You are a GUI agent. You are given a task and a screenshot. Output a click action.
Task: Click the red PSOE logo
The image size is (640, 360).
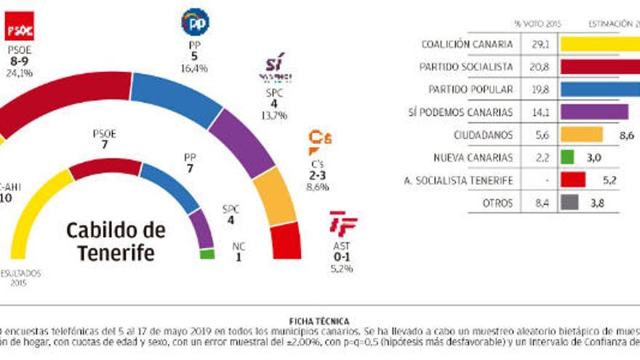(19, 28)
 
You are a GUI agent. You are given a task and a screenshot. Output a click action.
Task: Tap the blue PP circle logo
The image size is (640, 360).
(194, 23)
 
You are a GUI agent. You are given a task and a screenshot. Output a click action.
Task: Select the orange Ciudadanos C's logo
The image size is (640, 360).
(319, 141)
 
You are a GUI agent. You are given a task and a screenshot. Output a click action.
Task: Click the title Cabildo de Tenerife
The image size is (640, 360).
(116, 242)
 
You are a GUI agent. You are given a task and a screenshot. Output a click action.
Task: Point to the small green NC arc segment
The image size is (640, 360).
(207, 255)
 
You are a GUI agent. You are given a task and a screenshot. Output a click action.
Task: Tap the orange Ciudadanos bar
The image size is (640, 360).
(581, 135)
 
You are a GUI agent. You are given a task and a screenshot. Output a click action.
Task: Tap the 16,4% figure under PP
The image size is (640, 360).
(194, 68)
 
